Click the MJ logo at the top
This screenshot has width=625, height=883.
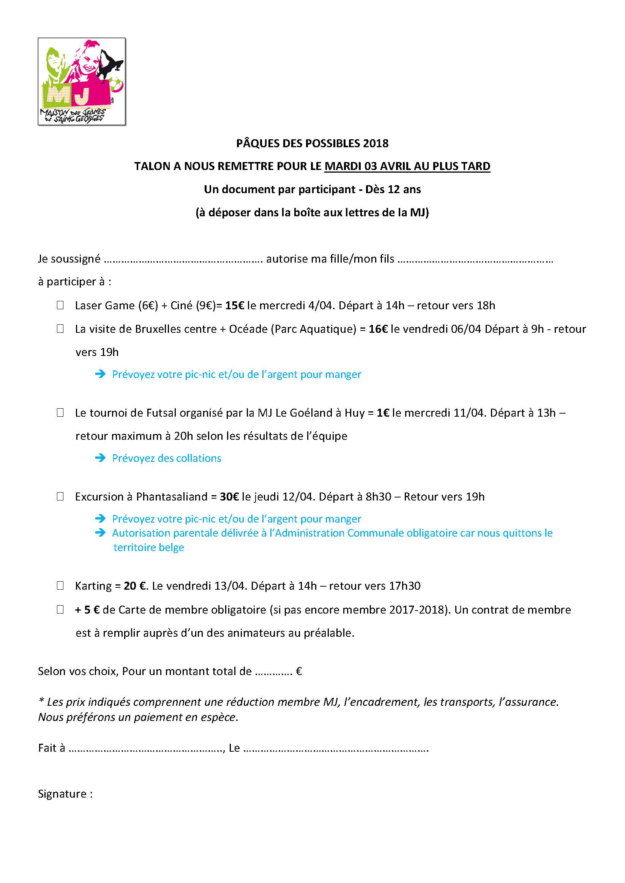[82, 82]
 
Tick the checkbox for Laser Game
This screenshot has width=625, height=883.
[60, 305]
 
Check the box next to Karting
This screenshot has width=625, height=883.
[60, 586]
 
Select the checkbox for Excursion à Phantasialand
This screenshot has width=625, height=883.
[60, 496]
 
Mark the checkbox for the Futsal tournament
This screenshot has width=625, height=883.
[60, 412]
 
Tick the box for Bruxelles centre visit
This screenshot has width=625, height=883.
[60, 329]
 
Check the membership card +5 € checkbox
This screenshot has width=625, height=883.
[60, 609]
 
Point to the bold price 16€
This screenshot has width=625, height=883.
[378, 329]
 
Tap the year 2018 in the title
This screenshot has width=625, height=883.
[376, 143]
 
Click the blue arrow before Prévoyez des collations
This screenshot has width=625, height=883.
[101, 458]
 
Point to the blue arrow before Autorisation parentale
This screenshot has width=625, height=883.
[101, 533]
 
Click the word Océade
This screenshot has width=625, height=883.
[248, 329]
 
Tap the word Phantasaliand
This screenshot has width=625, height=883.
[172, 496]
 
